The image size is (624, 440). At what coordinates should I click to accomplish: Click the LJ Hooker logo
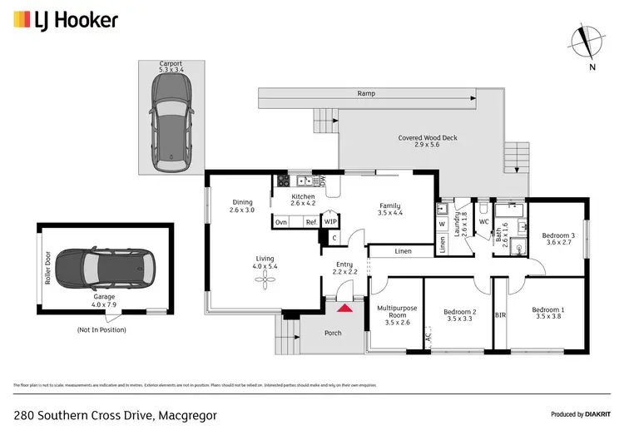(65, 20)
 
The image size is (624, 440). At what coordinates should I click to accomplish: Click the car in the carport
(171, 114)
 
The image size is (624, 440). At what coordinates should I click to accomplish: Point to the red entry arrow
(344, 309)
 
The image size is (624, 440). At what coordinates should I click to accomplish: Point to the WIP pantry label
(330, 222)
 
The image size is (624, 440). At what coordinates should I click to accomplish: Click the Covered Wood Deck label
(428, 139)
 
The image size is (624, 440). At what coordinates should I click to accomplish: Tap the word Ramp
(366, 94)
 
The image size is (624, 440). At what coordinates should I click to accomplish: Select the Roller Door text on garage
(49, 268)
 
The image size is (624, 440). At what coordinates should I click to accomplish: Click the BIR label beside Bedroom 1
(500, 316)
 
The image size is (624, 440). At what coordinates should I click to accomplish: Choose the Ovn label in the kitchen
(281, 222)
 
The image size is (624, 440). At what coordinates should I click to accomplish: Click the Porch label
(332, 334)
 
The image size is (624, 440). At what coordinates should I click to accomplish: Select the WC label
(483, 221)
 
